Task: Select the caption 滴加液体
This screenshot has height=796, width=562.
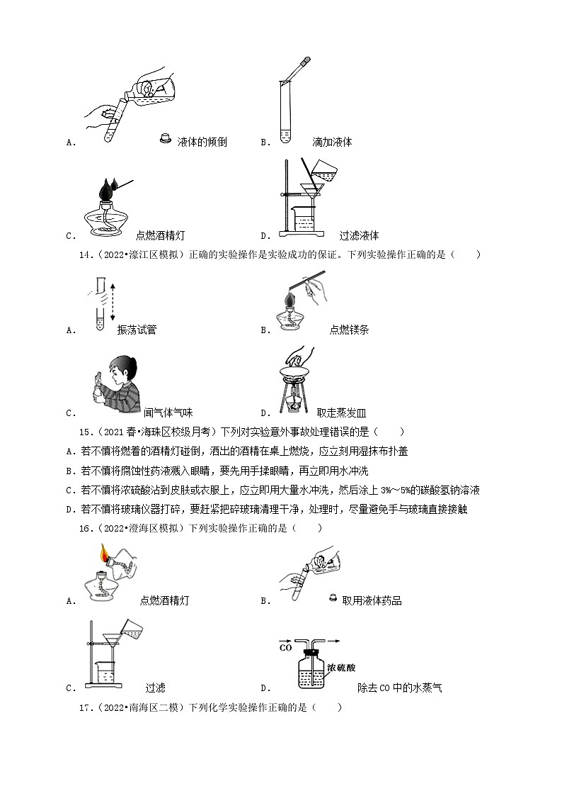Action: pyautogui.click(x=332, y=142)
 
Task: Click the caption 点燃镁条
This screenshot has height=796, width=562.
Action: pyautogui.click(x=349, y=330)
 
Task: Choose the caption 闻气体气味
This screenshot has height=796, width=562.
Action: pyautogui.click(x=168, y=413)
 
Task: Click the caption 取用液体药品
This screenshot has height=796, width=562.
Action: pyautogui.click(x=372, y=601)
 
